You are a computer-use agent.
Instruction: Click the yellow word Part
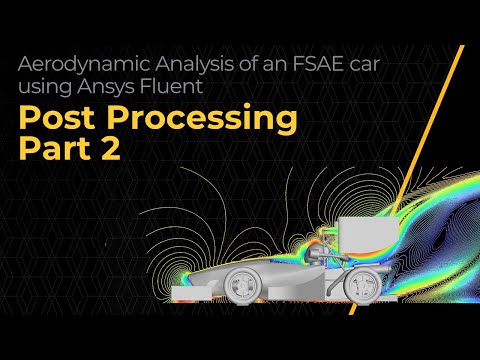coord(60,151)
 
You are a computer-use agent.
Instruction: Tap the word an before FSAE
coord(266,64)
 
